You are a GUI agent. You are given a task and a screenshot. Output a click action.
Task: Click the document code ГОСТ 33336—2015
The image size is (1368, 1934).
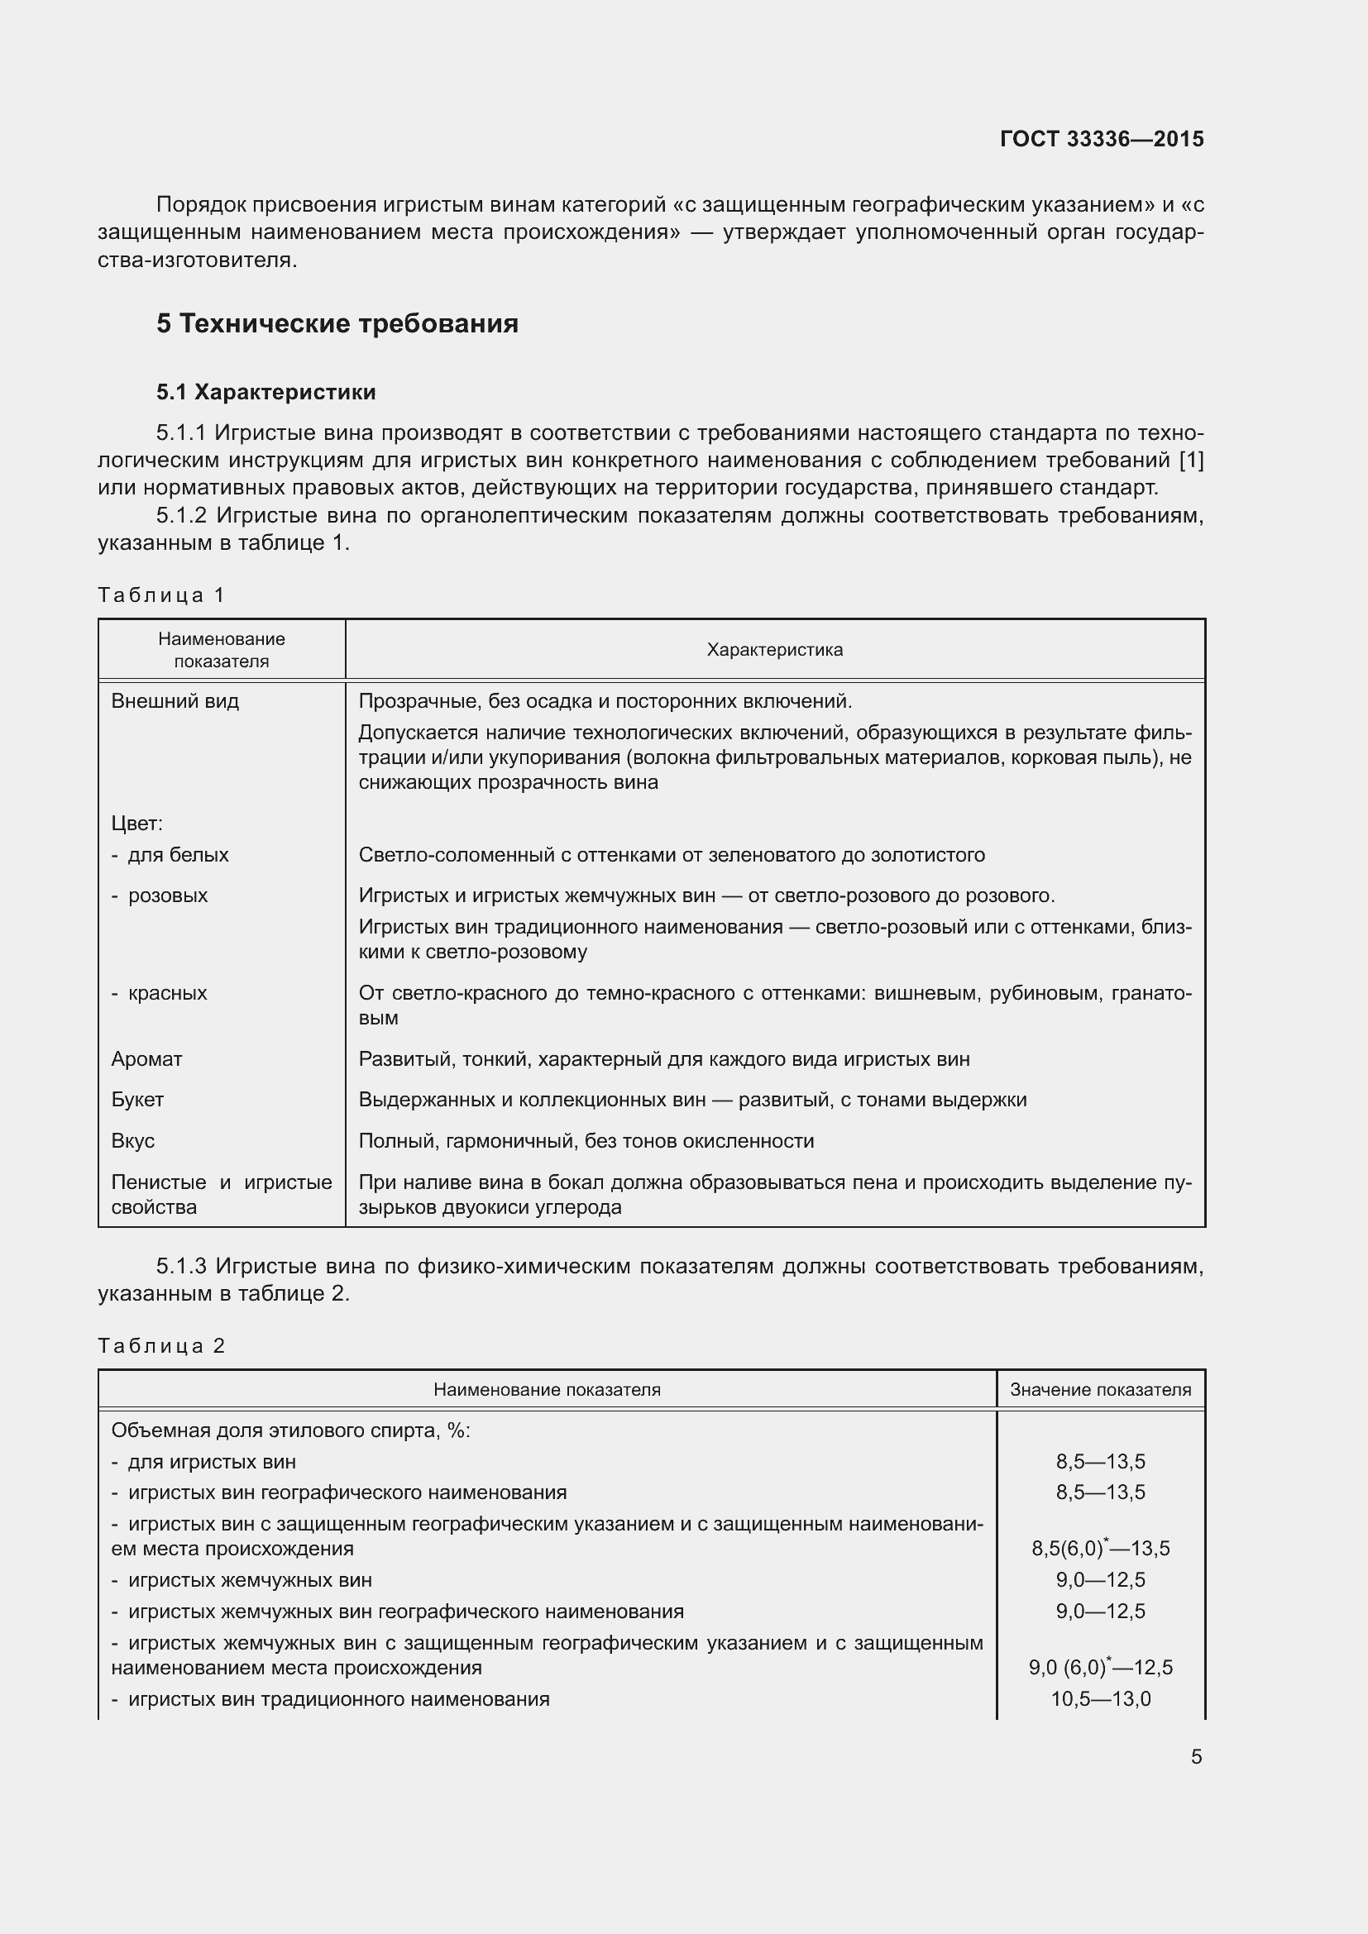1101,139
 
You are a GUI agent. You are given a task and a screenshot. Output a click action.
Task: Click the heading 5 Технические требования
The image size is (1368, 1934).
337,323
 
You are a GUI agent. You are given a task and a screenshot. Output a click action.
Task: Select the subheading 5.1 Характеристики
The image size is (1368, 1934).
265,392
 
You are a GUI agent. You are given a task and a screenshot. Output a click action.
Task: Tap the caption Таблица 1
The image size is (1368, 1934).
161,595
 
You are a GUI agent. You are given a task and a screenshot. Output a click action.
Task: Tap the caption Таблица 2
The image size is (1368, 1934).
161,1346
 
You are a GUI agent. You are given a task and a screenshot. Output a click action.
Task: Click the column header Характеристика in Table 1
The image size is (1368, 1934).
774,649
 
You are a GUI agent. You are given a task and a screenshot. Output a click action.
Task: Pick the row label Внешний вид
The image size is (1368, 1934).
175,701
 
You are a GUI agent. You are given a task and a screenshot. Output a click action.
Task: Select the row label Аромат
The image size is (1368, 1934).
146,1059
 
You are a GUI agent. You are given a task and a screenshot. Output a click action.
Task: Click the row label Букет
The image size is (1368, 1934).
137,1099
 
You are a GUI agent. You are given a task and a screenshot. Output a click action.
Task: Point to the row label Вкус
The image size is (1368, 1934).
133,1140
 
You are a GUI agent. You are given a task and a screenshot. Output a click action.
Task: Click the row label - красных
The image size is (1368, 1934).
160,992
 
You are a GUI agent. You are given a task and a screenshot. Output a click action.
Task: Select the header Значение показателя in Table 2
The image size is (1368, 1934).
1100,1390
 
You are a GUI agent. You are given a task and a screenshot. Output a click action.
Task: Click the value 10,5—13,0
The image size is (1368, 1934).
1100,1699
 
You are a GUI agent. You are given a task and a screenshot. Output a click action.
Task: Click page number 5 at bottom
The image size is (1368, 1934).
1196,1757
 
